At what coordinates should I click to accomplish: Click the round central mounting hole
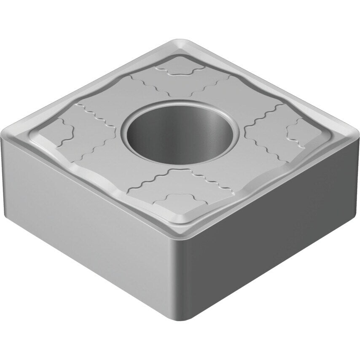pos(180,134)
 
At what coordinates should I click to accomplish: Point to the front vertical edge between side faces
pos(185,274)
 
